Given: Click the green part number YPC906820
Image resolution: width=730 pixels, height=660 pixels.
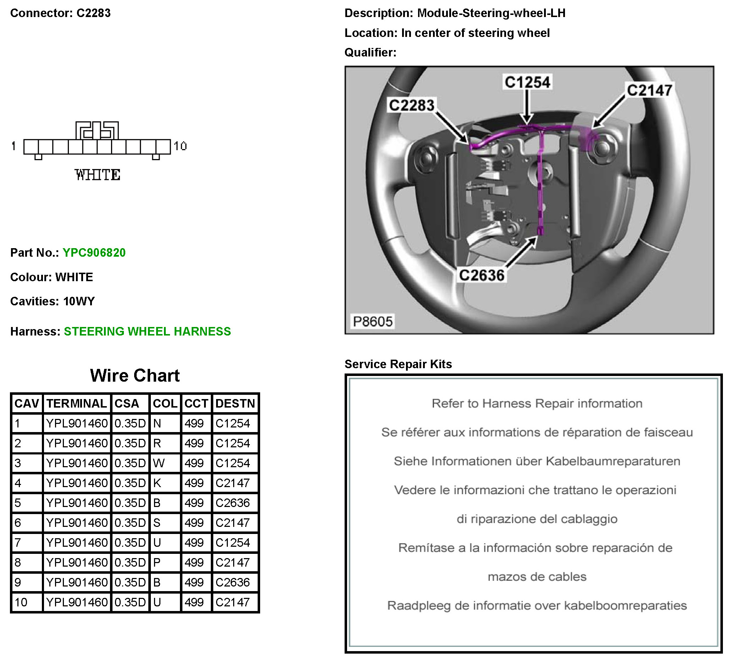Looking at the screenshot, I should (94, 252).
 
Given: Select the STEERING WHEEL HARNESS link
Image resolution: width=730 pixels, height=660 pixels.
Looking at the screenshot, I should (147, 331).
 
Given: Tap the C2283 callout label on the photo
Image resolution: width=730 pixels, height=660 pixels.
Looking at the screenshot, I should (411, 105).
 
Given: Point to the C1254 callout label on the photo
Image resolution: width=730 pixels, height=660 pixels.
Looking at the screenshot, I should (527, 82).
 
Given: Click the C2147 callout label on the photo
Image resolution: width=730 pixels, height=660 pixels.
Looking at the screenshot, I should (649, 90).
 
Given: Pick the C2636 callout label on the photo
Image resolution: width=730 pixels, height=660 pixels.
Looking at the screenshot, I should (481, 275).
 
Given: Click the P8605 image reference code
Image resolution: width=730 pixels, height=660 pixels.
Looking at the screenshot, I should (373, 321).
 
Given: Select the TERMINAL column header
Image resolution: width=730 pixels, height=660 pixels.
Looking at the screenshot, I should (76, 403).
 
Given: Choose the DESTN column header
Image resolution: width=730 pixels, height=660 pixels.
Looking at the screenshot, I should (235, 403).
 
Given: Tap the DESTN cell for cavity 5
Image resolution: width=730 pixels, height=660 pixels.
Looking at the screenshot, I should (232, 503).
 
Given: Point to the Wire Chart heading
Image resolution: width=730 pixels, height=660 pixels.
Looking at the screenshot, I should (135, 375).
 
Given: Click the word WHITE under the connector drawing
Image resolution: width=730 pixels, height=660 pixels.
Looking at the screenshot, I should (97, 175).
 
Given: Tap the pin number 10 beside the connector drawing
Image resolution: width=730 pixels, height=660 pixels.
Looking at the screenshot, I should (180, 146).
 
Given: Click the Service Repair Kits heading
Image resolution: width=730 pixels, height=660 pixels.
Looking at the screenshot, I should (398, 364).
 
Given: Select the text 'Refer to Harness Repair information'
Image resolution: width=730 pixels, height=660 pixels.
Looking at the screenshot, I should (537, 403).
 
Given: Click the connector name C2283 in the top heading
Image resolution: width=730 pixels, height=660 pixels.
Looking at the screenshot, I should (93, 13).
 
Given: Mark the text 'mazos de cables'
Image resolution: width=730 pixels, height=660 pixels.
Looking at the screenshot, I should (537, 576).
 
